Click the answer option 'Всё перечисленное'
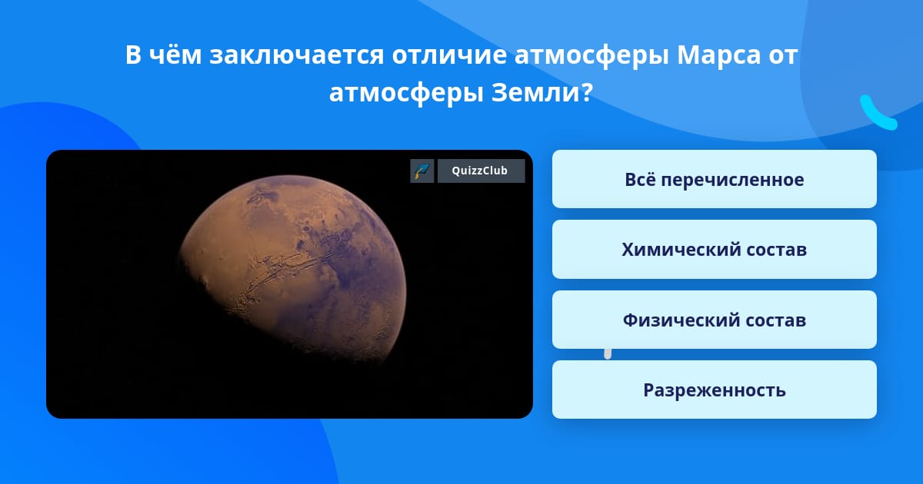pos(714,179)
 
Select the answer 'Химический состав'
pos(714,250)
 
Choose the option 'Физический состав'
pos(714,320)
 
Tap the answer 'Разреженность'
pos(714,390)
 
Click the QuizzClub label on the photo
pos(481,171)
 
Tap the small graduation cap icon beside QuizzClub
pos(422,171)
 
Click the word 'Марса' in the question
pos(718,55)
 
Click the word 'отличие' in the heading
pos(449,55)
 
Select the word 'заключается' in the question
pos(297,55)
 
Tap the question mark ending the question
pos(586,93)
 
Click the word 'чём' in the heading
pos(175,54)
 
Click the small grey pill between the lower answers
pos(608,354)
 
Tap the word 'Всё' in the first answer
pos(638,179)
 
